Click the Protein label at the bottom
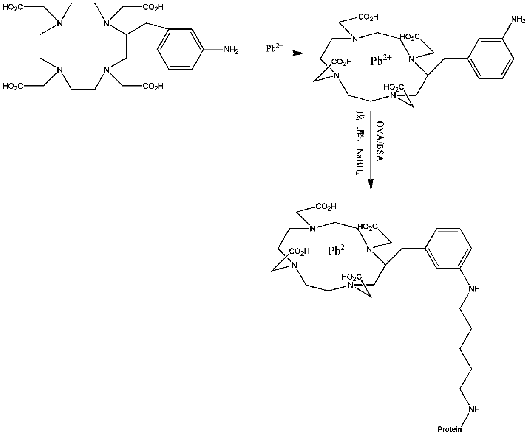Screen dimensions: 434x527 pyautogui.click(x=450, y=429)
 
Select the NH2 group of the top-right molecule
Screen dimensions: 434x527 pyautogui.click(x=517, y=19)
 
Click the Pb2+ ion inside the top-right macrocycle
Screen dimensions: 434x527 pyautogui.click(x=381, y=61)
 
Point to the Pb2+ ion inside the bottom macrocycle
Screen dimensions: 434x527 pyautogui.click(x=338, y=250)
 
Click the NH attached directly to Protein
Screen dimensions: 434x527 pyautogui.click(x=473, y=409)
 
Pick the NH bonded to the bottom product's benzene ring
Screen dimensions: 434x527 pyautogui.click(x=473, y=289)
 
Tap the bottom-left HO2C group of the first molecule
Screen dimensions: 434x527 pyautogui.click(x=13, y=87)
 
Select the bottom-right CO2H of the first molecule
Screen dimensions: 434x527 pyautogui.click(x=153, y=87)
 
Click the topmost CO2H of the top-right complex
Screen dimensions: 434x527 pyautogui.click(x=368, y=17)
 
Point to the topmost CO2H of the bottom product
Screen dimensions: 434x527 pyautogui.click(x=326, y=207)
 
